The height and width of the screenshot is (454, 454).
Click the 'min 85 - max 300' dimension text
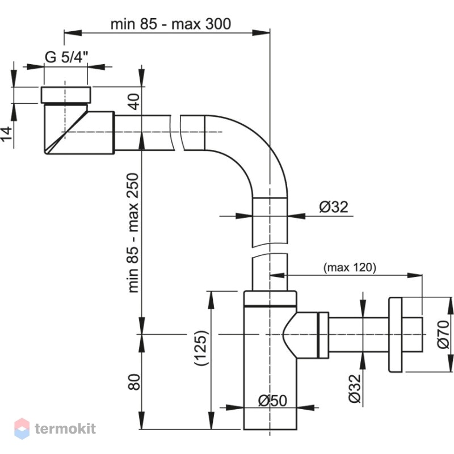(171, 24)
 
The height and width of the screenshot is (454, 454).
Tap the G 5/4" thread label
(66, 57)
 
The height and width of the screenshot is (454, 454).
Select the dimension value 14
(7, 133)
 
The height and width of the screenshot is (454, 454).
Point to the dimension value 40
(134, 102)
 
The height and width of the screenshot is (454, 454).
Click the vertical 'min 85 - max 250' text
(133, 233)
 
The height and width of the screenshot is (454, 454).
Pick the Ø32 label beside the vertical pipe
(334, 207)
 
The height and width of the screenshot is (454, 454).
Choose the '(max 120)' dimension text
(350, 267)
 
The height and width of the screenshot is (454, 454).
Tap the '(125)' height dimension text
(201, 347)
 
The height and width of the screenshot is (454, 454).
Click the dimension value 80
(134, 382)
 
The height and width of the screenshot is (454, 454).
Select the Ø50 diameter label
(272, 401)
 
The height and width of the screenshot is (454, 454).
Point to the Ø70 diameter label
(444, 334)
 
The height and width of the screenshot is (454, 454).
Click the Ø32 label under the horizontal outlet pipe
(355, 389)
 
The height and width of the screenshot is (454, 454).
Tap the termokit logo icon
(22, 428)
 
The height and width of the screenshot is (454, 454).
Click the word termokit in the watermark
(65, 428)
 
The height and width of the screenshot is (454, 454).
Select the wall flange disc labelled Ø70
(395, 334)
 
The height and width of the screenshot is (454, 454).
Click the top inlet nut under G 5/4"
(66, 95)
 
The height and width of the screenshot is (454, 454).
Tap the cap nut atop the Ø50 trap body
(270, 298)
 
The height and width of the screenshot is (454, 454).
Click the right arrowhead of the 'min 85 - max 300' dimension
(260, 32)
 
